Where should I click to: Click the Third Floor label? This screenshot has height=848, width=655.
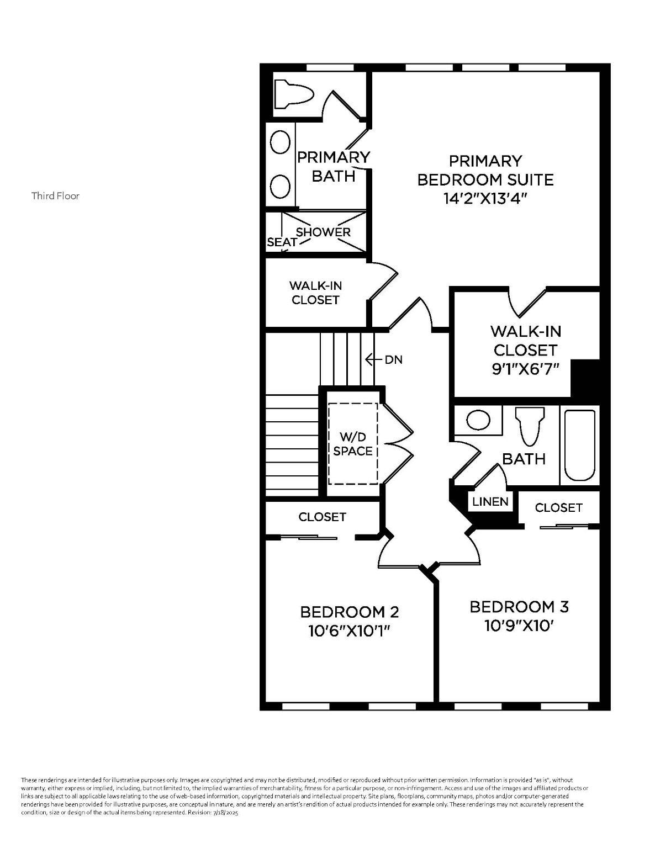(x=55, y=196)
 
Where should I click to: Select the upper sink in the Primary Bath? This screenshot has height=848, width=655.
(x=281, y=142)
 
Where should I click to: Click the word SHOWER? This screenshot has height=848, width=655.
(x=323, y=232)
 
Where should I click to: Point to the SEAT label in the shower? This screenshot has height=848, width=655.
(x=282, y=242)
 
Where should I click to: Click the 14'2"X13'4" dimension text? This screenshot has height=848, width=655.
(x=485, y=198)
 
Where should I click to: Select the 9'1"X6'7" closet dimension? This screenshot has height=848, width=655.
(x=525, y=369)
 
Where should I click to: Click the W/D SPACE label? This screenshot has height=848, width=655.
(x=352, y=443)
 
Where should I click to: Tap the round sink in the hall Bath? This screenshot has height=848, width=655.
(x=478, y=420)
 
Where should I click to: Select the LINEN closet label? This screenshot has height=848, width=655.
(x=490, y=502)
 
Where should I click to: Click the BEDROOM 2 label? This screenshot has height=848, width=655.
(x=349, y=612)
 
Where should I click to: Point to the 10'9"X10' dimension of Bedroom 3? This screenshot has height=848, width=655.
(x=519, y=626)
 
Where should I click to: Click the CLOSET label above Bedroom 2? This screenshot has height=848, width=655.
(x=322, y=517)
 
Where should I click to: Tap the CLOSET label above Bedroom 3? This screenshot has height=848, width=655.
(x=558, y=507)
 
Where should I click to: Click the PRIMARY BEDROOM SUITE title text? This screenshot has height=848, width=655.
(x=485, y=170)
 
